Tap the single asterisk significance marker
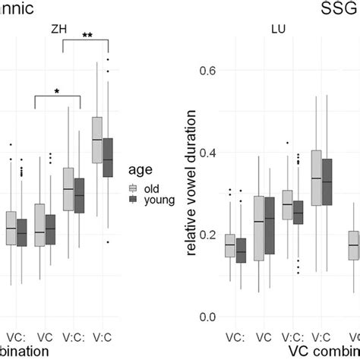57,92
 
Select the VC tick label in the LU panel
263,335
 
